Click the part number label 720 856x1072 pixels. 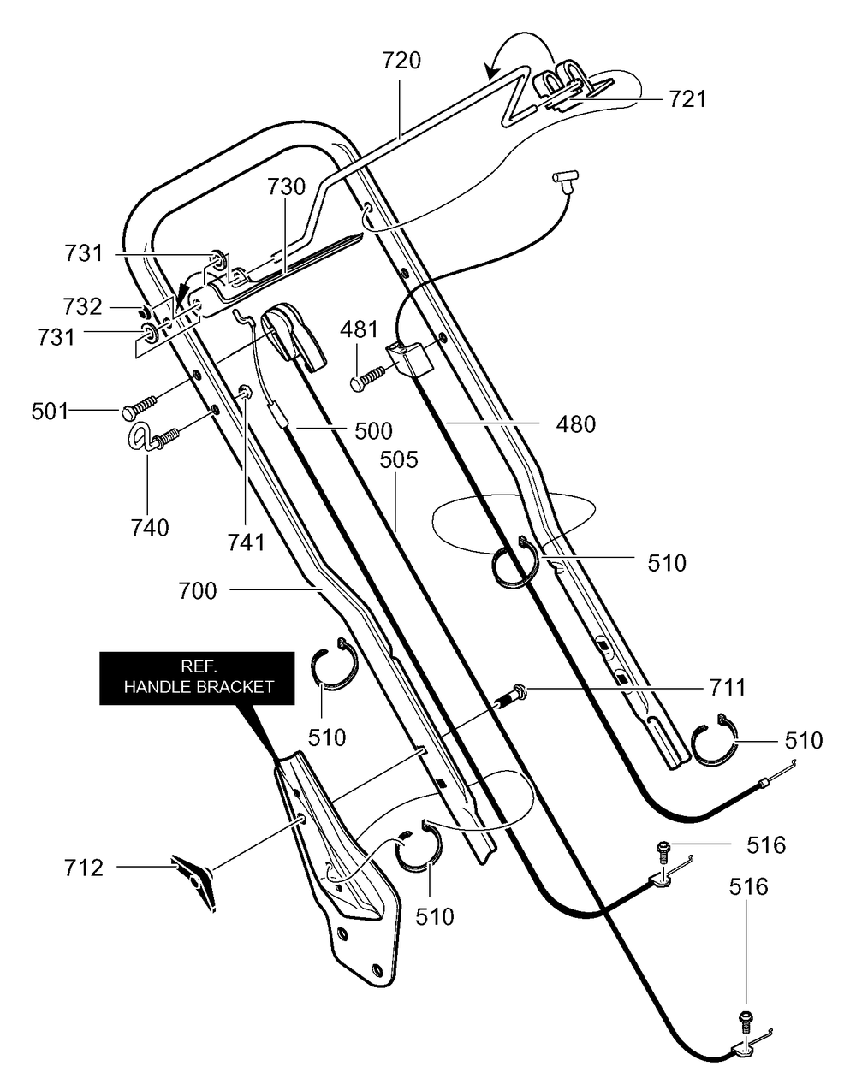pos(401,60)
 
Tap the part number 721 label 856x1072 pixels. pos(687,99)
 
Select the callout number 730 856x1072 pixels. pos(286,187)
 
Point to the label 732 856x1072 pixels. pos(82,306)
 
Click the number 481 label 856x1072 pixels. pos(360,329)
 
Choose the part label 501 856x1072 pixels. pos(50,412)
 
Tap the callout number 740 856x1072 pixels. pos(150,528)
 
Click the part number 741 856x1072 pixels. pos(247,542)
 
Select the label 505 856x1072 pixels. pos(399,459)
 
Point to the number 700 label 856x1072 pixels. pos(198,591)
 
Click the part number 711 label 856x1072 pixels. pos(728,688)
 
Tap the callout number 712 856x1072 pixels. pos(83,868)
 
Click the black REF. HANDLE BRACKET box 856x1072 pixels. pos(197,678)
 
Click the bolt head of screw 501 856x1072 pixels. pos(128,412)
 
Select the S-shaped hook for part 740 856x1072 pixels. pos(141,438)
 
